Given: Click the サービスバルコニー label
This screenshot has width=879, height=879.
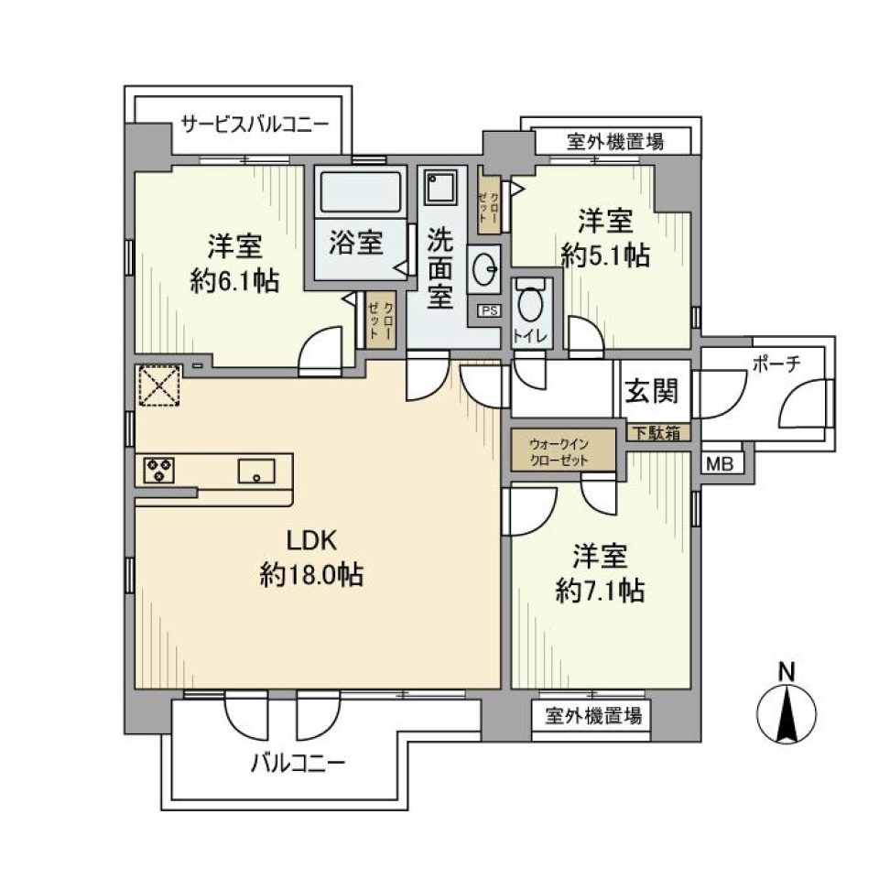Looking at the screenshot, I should click(255, 124).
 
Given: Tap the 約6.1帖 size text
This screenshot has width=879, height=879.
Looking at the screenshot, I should click(235, 281).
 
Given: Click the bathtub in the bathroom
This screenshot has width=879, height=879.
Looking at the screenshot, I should click(361, 193).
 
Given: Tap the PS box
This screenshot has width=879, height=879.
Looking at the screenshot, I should click(489, 310).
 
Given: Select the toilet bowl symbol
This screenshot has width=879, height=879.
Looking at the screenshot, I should click(530, 301).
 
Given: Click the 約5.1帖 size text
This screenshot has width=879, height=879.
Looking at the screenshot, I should click(605, 256).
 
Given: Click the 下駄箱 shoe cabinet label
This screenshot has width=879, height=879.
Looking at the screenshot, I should click(657, 434).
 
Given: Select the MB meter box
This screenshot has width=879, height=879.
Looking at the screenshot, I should click(720, 464).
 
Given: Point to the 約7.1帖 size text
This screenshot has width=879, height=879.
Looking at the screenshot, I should click(601, 591).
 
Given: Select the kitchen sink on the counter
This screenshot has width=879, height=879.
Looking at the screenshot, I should click(256, 472).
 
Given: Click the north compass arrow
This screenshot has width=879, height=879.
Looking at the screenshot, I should click(786, 714).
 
